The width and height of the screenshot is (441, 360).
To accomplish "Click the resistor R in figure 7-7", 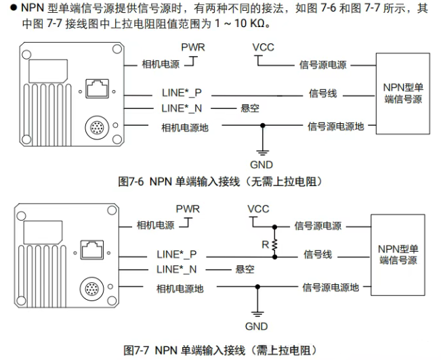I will pyautogui.click(x=275, y=247).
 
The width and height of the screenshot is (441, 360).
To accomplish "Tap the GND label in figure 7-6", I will pyautogui.click(x=261, y=164).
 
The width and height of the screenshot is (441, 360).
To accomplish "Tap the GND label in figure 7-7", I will pyautogui.click(x=257, y=326).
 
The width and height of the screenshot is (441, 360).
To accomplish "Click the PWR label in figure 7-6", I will pyautogui.click(x=192, y=47).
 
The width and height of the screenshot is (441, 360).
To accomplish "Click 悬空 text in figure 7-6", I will pyautogui.click(x=250, y=108).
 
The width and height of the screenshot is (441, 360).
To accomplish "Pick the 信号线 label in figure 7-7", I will pyautogui.click(x=318, y=254).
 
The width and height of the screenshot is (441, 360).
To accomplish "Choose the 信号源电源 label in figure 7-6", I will pyautogui.click(x=322, y=65).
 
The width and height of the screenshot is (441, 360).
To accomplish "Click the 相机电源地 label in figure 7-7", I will pyautogui.click(x=180, y=288).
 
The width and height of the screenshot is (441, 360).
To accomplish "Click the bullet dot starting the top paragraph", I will pyautogui.click(x=5, y=7).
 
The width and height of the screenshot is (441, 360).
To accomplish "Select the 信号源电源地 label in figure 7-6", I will pyautogui.click(x=335, y=126).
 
